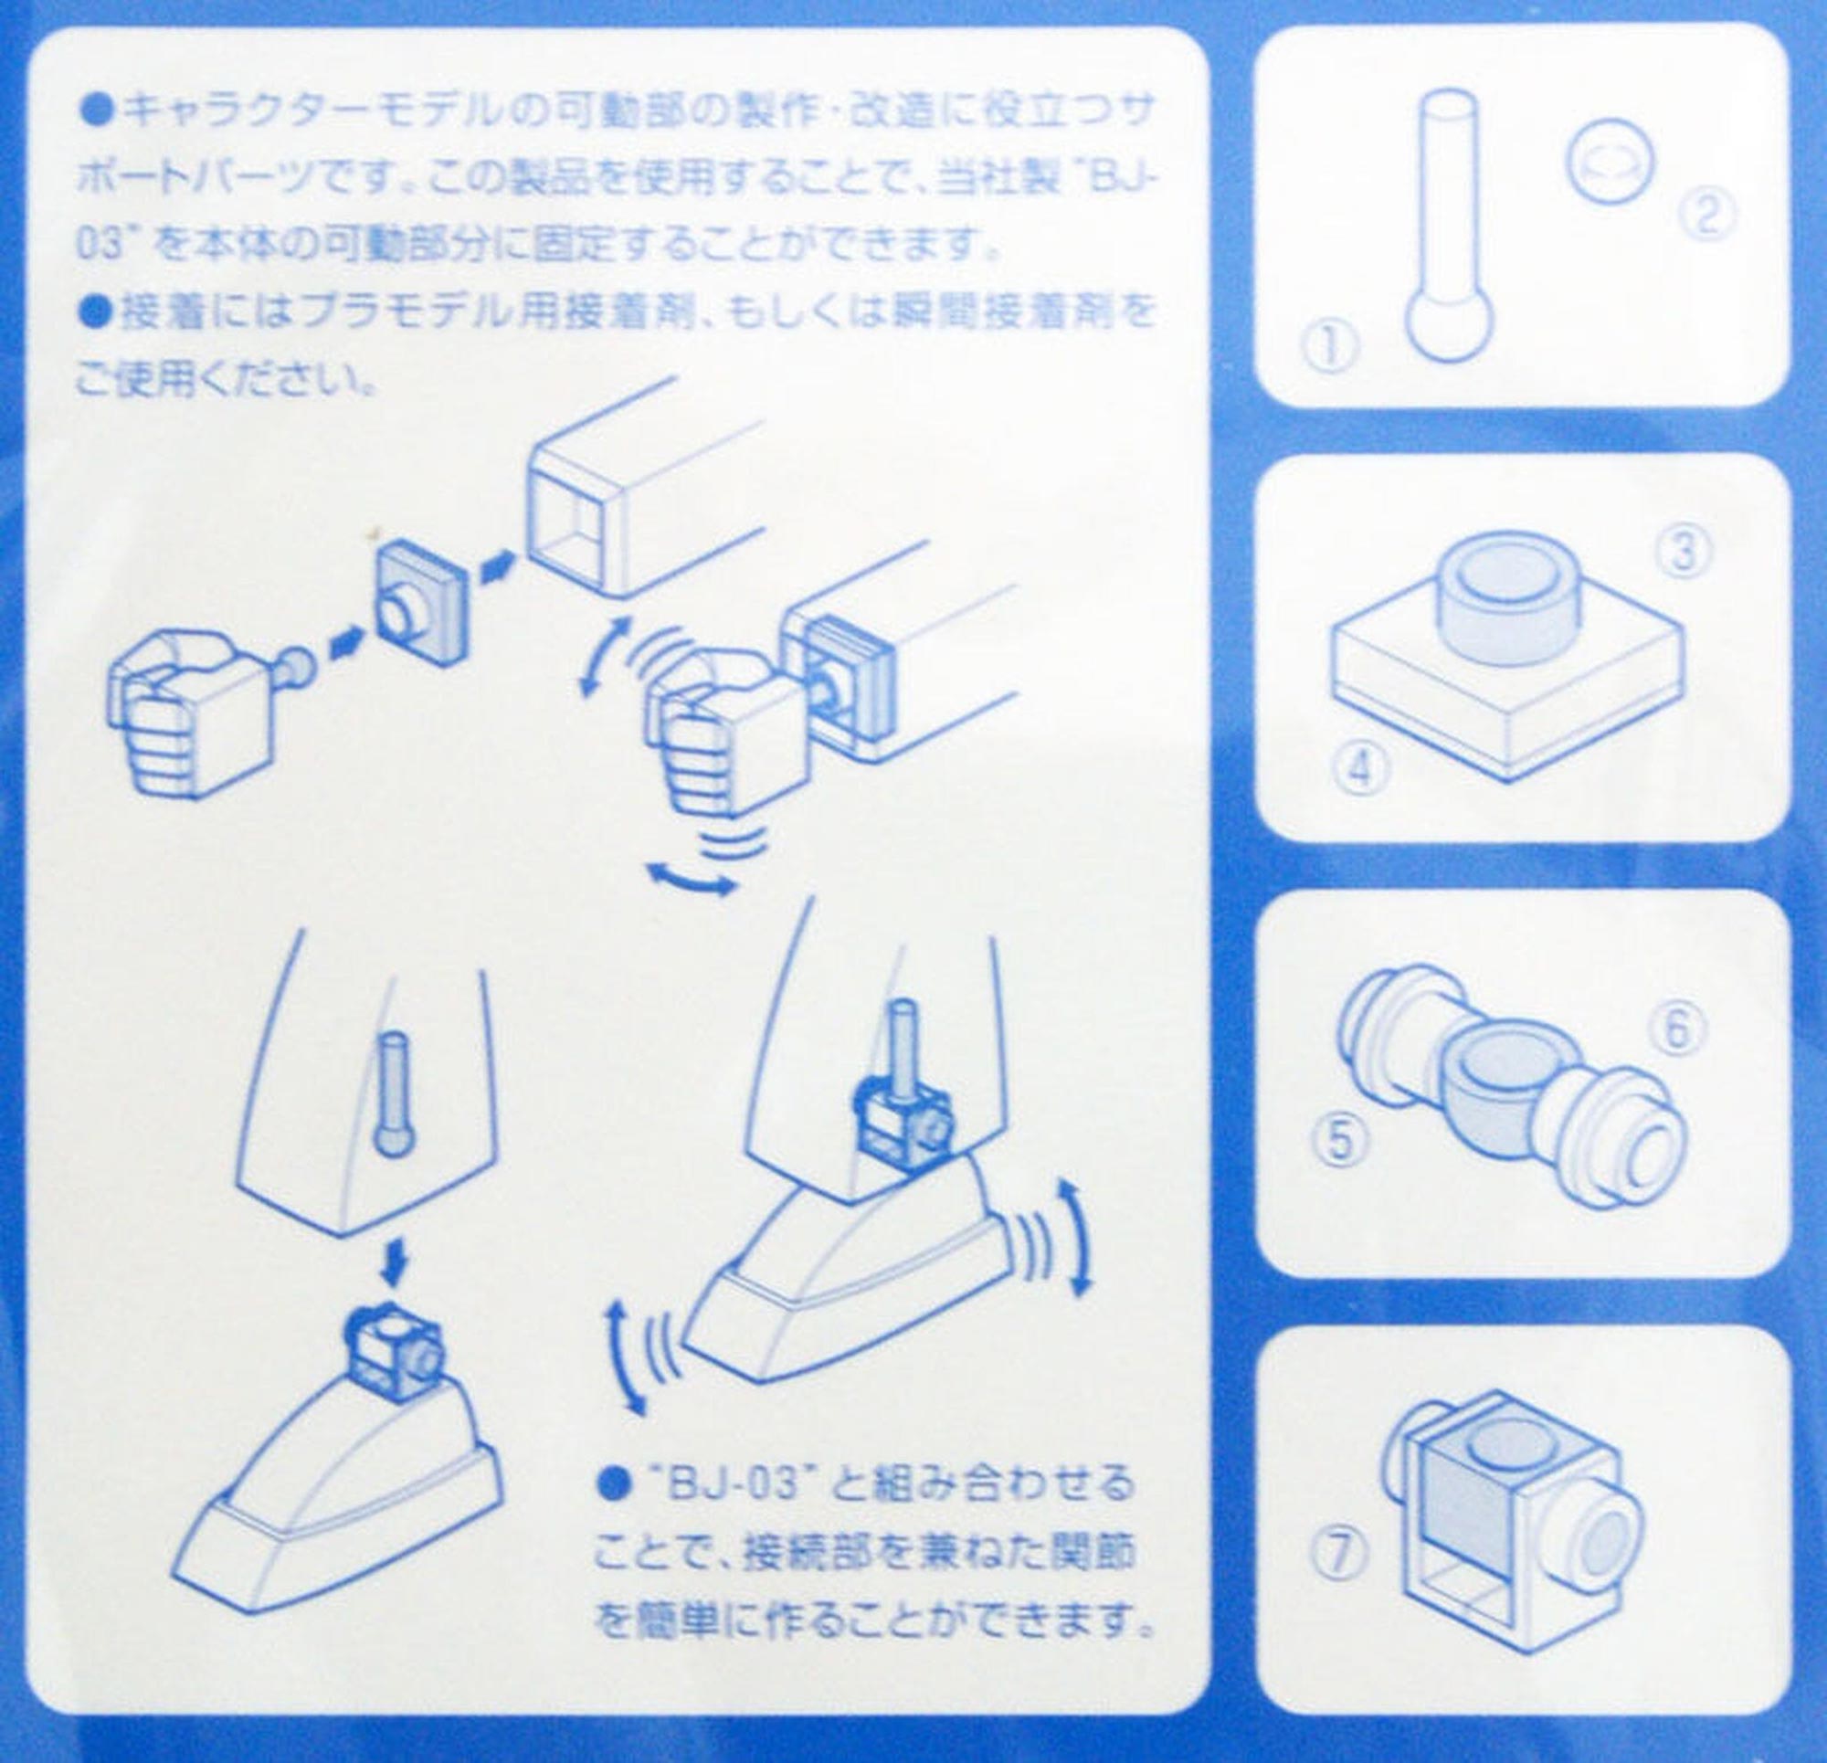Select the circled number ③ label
pos(1683,552)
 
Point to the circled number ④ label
pos(1363,771)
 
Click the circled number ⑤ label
pos(1340,1139)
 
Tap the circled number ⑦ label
pos(1340,1553)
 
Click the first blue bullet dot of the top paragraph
pos(100,110)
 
